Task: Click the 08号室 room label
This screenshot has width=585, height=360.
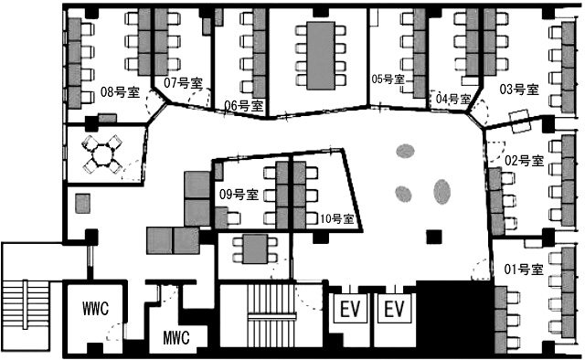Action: click(120, 91)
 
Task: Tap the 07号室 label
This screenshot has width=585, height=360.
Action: click(183, 82)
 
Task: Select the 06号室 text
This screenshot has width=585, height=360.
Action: click(244, 106)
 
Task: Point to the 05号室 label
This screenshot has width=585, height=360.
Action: click(388, 79)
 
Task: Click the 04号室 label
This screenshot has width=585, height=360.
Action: click(453, 99)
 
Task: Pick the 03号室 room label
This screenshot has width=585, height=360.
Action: click(519, 90)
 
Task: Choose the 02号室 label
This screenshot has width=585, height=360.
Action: click(524, 161)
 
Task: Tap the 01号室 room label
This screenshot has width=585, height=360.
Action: click(524, 269)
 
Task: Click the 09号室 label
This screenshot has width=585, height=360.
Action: click(239, 195)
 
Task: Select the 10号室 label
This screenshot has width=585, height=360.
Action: click(337, 218)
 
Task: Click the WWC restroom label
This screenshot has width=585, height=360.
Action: click(95, 309)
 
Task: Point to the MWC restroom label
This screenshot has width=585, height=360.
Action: click(176, 338)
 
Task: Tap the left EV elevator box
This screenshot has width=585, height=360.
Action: click(350, 309)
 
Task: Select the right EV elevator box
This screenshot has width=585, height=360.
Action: click(394, 309)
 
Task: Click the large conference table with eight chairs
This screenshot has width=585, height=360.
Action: click(321, 56)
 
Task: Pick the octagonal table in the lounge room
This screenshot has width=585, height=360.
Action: click(101, 154)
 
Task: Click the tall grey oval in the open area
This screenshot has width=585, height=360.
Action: click(442, 192)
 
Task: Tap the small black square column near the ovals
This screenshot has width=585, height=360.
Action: click(434, 237)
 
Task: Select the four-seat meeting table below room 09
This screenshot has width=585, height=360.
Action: click(255, 249)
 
